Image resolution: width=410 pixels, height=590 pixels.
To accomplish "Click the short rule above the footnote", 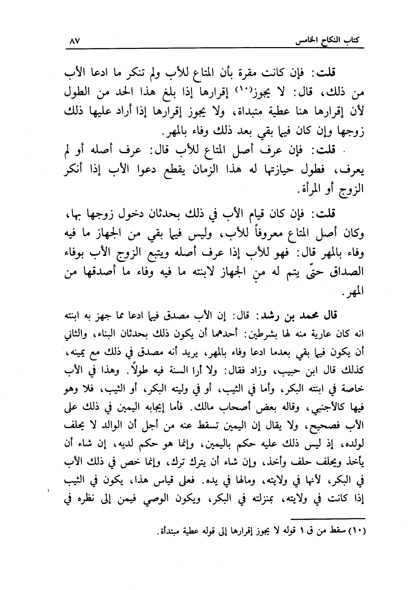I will click(328, 517).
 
